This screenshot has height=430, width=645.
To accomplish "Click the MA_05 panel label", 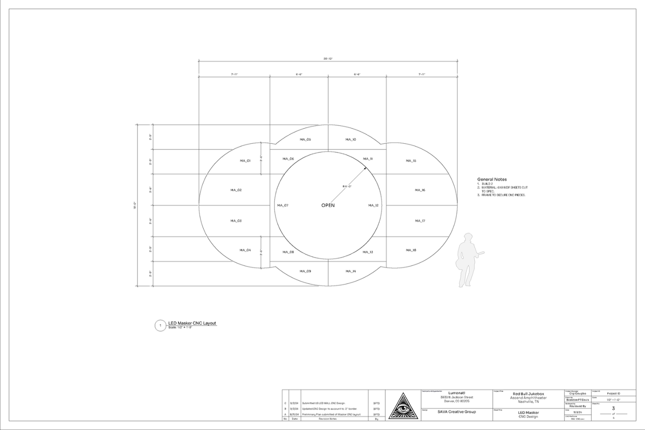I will [x=305, y=140].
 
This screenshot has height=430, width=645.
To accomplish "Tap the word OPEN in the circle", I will [x=328, y=205].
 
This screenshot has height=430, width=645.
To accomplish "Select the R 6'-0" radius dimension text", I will [x=347, y=186].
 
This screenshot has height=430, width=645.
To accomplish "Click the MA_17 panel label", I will [x=420, y=221].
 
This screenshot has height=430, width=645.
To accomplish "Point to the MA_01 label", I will [x=245, y=161].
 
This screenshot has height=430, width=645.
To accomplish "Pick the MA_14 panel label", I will [x=351, y=272].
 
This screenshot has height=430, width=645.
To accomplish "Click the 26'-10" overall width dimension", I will [x=328, y=59].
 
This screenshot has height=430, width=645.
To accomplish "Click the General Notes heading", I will [x=492, y=180].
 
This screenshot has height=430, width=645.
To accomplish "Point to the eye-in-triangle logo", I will [x=403, y=406].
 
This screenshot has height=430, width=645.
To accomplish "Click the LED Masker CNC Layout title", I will [x=192, y=323].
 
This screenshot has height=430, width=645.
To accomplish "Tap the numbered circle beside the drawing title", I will [x=160, y=326].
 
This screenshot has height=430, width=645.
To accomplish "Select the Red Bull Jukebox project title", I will [x=528, y=394].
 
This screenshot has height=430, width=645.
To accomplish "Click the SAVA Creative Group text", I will [x=457, y=412].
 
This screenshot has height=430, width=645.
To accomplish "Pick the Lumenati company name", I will [x=457, y=393].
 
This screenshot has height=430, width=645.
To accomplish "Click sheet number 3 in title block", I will [x=613, y=408].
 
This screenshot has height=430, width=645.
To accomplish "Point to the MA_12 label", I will [x=373, y=205].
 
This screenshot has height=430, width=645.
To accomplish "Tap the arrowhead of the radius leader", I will [x=365, y=168].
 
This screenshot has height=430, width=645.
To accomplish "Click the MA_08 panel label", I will [x=288, y=252].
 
